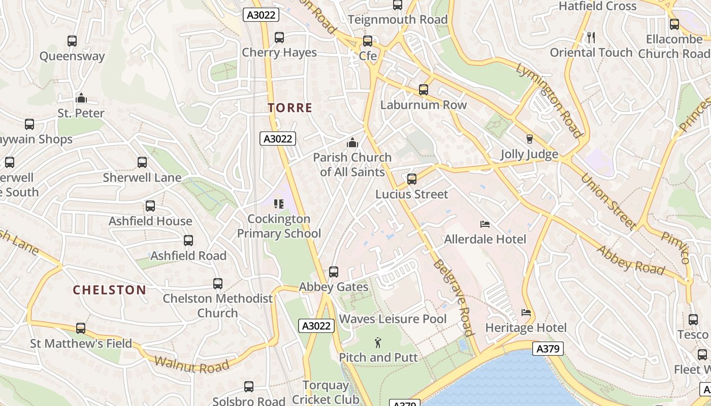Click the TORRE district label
289,108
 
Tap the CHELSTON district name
109,290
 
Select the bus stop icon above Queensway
72,41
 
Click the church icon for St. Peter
81,98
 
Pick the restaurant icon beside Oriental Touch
591,37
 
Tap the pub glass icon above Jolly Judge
530,139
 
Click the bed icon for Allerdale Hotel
485,224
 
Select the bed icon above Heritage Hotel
526,313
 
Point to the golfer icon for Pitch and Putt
378,343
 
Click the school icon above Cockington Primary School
278,204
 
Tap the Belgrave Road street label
454,298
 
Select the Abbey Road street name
630,259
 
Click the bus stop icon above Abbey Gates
334,272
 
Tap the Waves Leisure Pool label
393,319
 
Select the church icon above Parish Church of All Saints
352,143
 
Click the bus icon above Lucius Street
412,179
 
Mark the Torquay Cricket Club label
325,392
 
